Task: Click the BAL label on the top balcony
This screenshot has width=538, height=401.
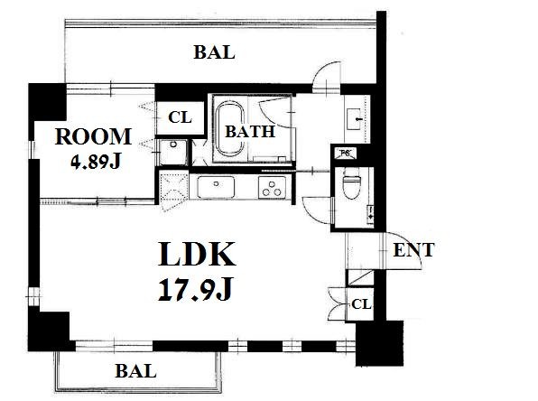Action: point(214,52)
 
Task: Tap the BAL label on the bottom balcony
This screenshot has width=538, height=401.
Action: point(136,371)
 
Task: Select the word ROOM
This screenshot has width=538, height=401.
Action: point(93,136)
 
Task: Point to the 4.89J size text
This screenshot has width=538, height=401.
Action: point(96,161)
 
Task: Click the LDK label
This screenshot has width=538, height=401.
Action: point(197,254)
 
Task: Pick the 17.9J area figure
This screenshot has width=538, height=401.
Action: point(196,289)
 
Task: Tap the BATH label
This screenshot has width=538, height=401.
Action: point(250,132)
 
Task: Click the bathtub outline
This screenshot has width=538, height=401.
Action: point(229,128)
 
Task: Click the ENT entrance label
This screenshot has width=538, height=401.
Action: point(413,250)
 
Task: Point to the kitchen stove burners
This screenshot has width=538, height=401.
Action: point(272,188)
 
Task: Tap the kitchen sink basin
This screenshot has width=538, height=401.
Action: point(216,187)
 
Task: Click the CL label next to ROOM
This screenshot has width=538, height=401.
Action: point(180,117)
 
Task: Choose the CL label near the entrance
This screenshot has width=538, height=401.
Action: point(361,304)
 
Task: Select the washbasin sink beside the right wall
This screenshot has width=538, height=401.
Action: point(354,119)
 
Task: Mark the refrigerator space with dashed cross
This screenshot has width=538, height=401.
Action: point(174,191)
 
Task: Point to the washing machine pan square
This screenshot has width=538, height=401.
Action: point(173,152)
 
